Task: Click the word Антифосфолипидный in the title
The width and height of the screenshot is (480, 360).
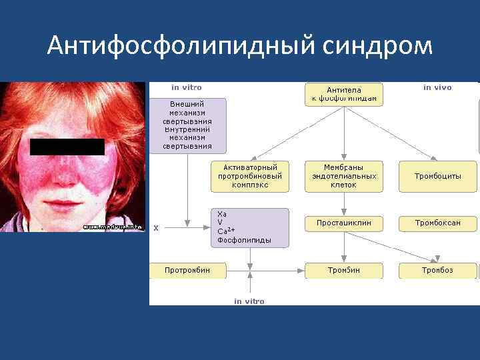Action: [179, 46]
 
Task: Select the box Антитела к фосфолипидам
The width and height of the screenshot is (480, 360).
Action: [344, 95]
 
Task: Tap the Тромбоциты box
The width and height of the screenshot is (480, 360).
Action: [438, 176]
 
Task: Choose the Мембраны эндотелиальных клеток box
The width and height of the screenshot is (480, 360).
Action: [344, 176]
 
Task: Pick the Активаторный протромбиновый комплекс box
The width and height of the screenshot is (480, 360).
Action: [250, 176]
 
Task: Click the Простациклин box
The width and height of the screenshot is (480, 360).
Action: [344, 223]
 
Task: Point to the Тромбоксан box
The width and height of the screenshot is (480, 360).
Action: [438, 223]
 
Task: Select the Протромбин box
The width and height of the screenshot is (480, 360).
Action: [187, 270]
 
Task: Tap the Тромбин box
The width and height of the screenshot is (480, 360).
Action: [344, 270]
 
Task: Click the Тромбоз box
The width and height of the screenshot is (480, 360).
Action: [438, 270]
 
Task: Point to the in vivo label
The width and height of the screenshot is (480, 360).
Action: [437, 87]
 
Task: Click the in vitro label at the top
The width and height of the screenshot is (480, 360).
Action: [187, 87]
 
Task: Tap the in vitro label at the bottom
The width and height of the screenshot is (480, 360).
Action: [249, 301]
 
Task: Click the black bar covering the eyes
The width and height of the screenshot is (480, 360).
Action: [67, 147]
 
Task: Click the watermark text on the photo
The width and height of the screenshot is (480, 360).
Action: [112, 227]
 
